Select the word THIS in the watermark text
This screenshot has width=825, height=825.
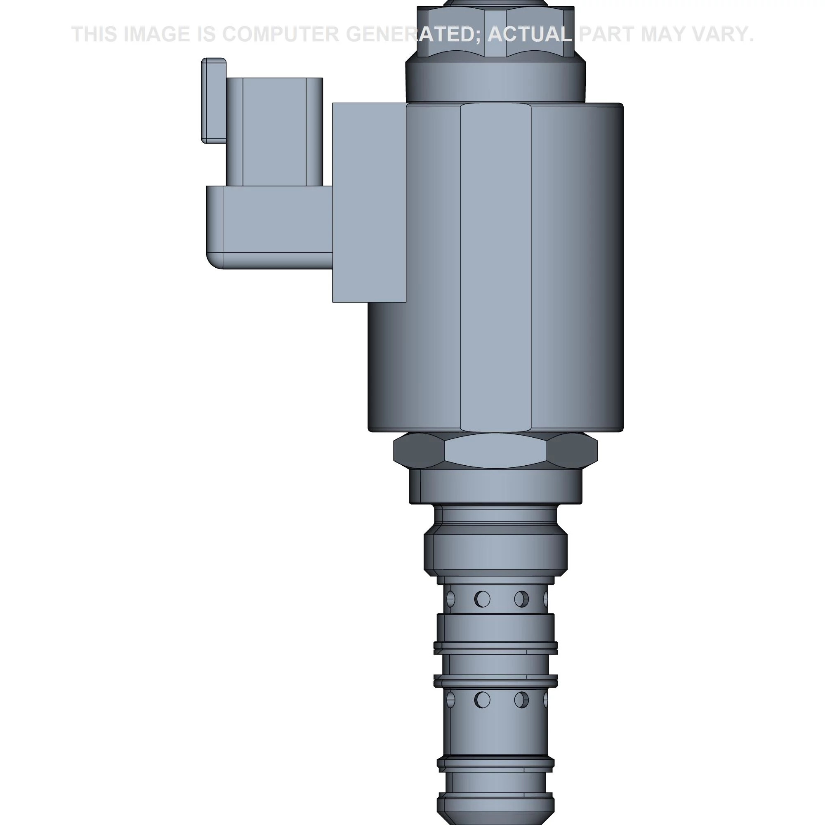pos(94,34)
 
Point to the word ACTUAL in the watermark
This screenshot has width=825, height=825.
pos(530,34)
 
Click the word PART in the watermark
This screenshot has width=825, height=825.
pos(607,34)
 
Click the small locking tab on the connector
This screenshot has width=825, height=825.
pos(214,100)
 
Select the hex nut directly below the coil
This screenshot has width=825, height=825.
pos(495,450)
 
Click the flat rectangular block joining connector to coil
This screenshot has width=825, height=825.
pos(369,203)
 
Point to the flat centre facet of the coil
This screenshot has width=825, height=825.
pos(495,267)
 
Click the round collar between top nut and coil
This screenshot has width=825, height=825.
pos(495,81)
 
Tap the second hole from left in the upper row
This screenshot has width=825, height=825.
pos(482,599)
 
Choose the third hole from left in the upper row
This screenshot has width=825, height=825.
pos(521,599)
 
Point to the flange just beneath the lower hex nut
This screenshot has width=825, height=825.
pos(495,487)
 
